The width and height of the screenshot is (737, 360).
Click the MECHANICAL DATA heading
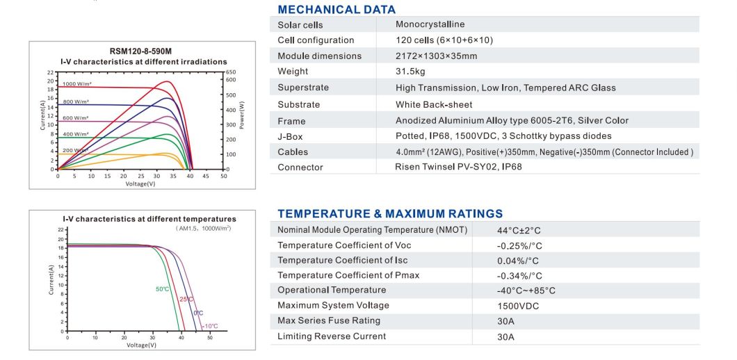[x=336, y=10]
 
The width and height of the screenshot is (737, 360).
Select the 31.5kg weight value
[x=410, y=72]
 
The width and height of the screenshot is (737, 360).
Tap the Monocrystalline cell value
[x=430, y=24]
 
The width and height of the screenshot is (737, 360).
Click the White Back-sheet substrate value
[x=434, y=104]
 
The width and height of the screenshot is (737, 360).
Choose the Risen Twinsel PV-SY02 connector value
[x=457, y=167]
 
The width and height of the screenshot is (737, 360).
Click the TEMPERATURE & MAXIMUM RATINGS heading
[x=389, y=213]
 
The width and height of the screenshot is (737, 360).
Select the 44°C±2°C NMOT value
[x=519, y=230]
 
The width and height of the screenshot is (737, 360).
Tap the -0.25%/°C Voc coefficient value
[x=519, y=245]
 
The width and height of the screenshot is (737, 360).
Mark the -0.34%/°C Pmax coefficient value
[x=519, y=276]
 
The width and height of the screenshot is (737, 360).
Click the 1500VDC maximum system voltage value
[x=518, y=306]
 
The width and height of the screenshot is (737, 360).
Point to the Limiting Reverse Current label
[x=331, y=336]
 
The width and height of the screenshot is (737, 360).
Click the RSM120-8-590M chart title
[x=140, y=51]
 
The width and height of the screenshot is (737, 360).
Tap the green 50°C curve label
[x=161, y=288]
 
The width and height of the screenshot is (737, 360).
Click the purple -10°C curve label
[x=210, y=326]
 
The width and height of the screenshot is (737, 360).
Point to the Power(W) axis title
[x=242, y=115]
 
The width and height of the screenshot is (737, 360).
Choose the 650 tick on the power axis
[x=230, y=72]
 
